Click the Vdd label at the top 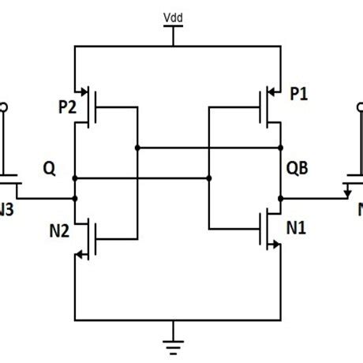[170, 16]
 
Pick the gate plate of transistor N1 [260, 234]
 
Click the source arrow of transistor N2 [79, 254]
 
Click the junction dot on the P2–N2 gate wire [137, 147]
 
